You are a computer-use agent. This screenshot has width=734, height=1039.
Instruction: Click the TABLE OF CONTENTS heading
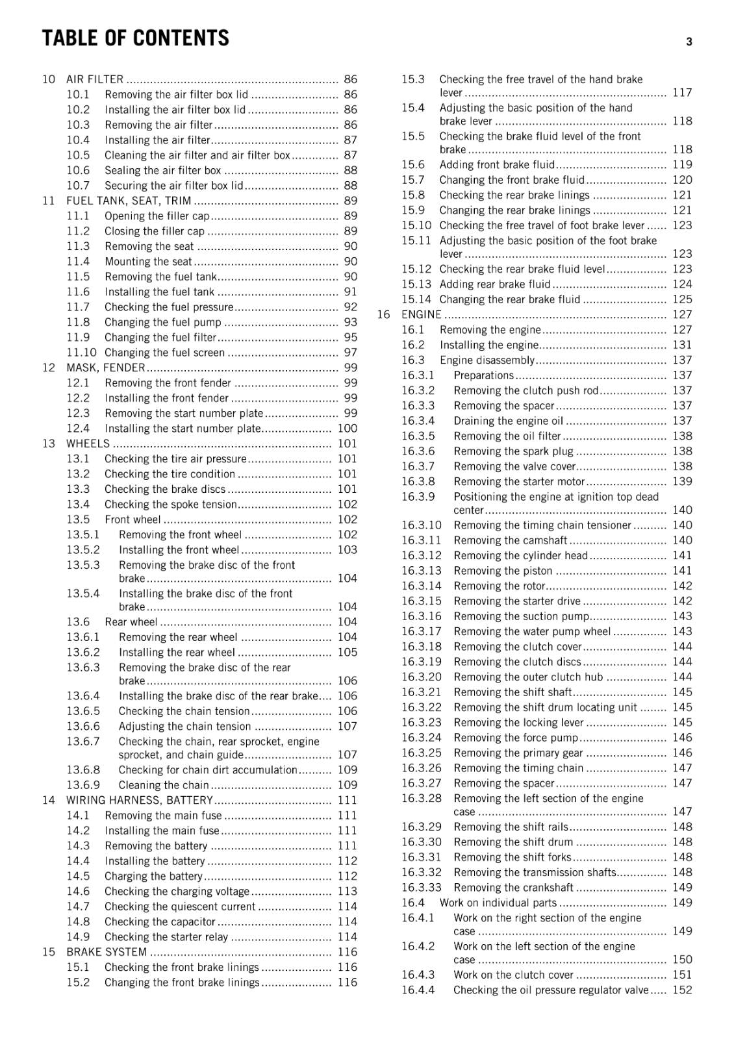[x=135, y=38]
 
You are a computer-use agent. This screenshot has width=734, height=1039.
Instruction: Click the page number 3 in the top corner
[x=689, y=42]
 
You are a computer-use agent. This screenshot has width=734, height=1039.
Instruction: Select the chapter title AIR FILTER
[x=95, y=79]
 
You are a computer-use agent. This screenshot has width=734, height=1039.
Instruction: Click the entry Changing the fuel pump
[x=163, y=322]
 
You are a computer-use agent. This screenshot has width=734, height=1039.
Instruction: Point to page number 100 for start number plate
[x=348, y=429]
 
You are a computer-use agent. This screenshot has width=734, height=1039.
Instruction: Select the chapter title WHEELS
[x=88, y=444]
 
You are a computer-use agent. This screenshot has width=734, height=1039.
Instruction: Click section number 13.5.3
[x=83, y=565]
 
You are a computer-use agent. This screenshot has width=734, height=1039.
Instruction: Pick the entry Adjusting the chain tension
[x=184, y=727]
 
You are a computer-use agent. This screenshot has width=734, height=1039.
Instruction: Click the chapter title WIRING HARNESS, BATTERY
[x=140, y=800]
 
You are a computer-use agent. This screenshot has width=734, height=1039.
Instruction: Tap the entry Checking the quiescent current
[x=180, y=907]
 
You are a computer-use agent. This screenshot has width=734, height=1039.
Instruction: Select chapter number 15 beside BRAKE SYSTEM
[x=49, y=952]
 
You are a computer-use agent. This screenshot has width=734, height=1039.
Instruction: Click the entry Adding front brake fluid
[x=497, y=165]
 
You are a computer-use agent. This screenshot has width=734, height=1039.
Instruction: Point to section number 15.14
[x=416, y=299]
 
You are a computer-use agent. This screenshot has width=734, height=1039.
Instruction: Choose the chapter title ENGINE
[x=421, y=315]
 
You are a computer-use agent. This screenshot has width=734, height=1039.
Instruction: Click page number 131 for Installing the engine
[x=682, y=345]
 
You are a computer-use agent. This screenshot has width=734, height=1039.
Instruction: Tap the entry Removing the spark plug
[x=513, y=451]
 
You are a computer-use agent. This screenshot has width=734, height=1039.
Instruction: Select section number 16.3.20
[x=421, y=677]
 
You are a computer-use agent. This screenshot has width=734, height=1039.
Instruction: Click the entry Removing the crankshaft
[x=513, y=888]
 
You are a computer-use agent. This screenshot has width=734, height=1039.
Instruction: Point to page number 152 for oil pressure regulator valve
[x=682, y=990]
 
